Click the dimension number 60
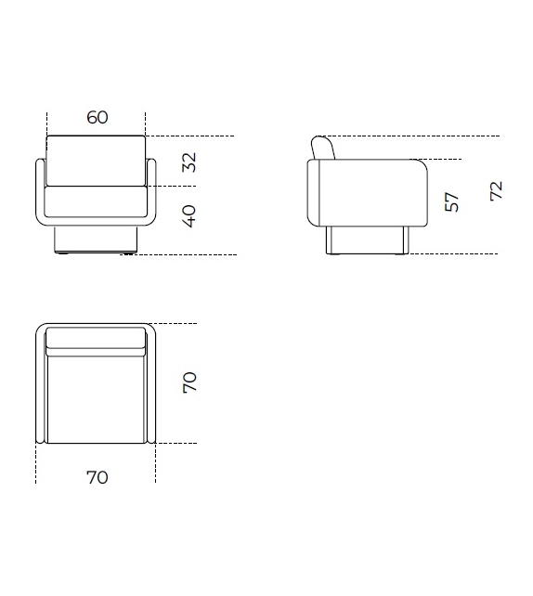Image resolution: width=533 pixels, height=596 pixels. click(x=97, y=117)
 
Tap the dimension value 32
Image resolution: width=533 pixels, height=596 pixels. click(x=188, y=162)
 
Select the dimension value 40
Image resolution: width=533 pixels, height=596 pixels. click(x=188, y=216)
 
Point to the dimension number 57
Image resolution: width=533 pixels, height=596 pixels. click(x=451, y=201)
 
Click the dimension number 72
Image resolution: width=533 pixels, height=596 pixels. click(x=496, y=191)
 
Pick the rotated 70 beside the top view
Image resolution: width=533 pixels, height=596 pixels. click(x=189, y=382)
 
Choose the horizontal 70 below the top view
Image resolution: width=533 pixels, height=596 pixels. click(x=97, y=477)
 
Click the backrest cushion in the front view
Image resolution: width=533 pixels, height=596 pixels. click(x=96, y=161)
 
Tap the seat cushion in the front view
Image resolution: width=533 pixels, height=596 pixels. click(x=96, y=201)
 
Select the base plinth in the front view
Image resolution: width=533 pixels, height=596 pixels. click(x=96, y=240)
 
